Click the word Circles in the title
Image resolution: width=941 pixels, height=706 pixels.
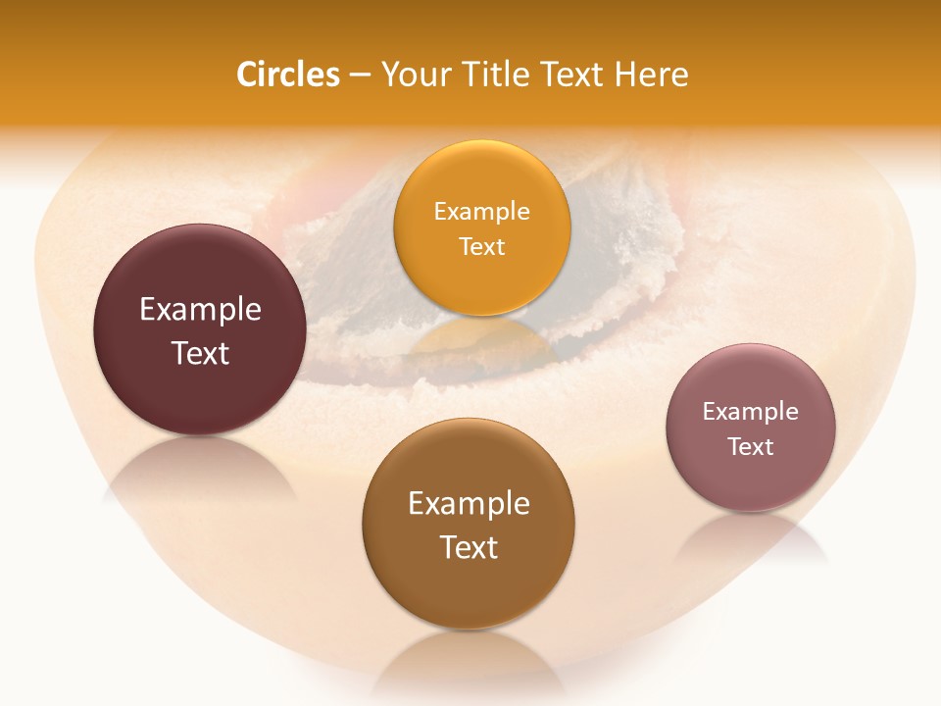point(287,75)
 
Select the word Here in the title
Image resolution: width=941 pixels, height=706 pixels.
point(652,75)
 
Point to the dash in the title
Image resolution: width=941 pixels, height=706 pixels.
point(359,76)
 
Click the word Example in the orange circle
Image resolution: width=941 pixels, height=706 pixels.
point(481,211)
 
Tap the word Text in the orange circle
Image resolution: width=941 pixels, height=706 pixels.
point(481,246)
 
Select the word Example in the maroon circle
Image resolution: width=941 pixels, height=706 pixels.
point(200,310)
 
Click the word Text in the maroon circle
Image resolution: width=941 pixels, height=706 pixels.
point(200,353)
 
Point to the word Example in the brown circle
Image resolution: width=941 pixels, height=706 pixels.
point(469,503)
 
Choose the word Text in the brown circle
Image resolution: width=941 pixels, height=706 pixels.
point(469,547)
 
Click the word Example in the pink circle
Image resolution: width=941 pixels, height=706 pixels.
point(751,411)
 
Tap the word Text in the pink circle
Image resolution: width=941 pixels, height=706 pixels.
point(751,446)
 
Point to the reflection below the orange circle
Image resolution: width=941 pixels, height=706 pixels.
point(481,338)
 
